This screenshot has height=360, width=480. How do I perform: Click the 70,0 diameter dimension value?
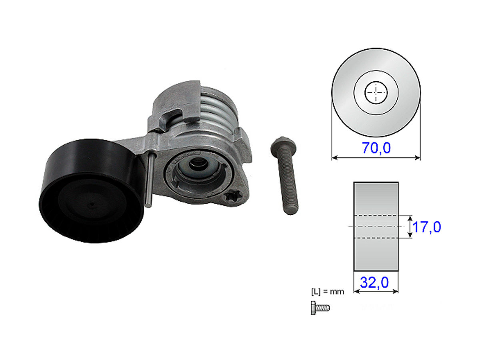click(x=376, y=148)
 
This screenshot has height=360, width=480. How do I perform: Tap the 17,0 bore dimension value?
click(x=427, y=227)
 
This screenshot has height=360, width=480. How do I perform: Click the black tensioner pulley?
click(x=92, y=191)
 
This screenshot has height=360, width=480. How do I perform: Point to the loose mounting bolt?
click(x=284, y=175)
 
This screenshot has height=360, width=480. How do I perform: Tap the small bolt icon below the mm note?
click(x=320, y=308)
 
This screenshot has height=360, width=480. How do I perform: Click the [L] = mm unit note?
click(x=327, y=292)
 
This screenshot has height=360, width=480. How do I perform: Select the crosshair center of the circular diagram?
click(x=376, y=92)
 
